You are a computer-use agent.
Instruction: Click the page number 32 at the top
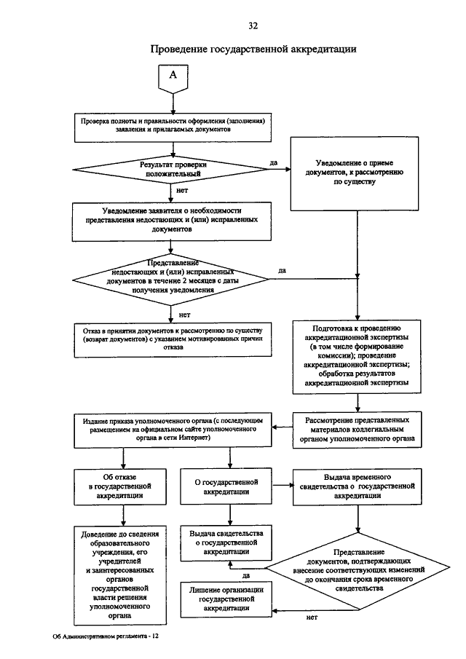pyautogui.click(x=253, y=26)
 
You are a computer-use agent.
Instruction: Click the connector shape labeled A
pyautogui.click(x=173, y=79)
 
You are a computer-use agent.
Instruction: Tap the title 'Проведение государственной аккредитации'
pyautogui.click(x=253, y=50)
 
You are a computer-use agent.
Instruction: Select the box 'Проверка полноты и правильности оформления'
pyautogui.click(x=173, y=127)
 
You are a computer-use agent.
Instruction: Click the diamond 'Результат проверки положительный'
pyautogui.click(x=170, y=170)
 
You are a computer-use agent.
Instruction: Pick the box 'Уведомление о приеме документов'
pyautogui.click(x=354, y=173)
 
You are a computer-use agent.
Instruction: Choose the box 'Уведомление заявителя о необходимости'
pyautogui.click(x=171, y=222)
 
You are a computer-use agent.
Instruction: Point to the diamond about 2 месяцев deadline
pyautogui.click(x=170, y=279)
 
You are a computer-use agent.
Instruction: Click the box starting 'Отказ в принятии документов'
pyautogui.click(x=173, y=340)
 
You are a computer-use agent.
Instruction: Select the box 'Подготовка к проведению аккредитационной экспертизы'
pyautogui.click(x=357, y=357)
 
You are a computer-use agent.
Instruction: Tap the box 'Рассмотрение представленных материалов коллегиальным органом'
pyautogui.click(x=357, y=430)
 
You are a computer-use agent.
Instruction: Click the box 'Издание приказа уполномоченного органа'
pyautogui.click(x=173, y=431)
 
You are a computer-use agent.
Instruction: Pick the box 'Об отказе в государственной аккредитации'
pyautogui.click(x=119, y=486)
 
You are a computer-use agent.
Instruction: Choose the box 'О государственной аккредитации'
pyautogui.click(x=226, y=486)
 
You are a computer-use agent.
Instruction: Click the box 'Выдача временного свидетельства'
pyautogui.click(x=358, y=486)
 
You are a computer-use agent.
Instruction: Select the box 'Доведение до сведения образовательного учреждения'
pyautogui.click(x=119, y=575)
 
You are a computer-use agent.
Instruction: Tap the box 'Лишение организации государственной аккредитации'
pyautogui.click(x=226, y=599)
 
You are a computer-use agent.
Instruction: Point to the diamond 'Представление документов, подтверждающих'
pyautogui.click(x=358, y=571)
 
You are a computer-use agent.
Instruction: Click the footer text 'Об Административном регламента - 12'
pyautogui.click(x=106, y=636)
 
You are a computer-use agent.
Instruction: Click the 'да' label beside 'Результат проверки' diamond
pyautogui.click(x=274, y=162)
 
